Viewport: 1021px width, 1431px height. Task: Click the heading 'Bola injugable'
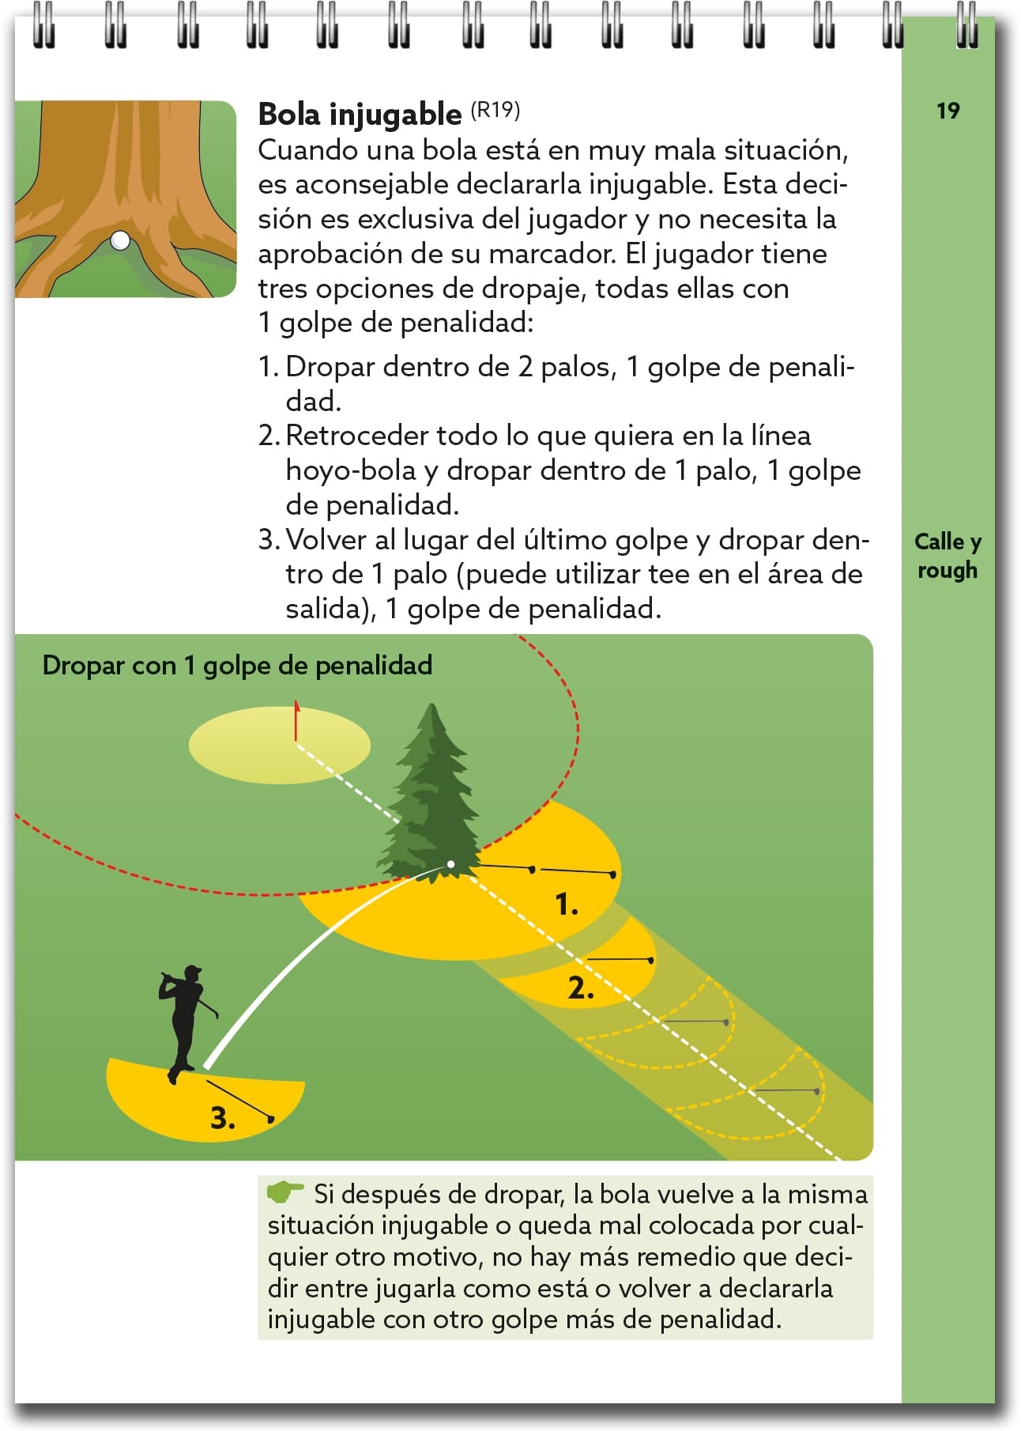coord(360,115)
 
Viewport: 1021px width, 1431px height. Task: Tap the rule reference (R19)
coord(495,110)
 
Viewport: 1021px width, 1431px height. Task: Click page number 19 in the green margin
coord(948,111)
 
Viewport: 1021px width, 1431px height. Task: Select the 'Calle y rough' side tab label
coord(948,556)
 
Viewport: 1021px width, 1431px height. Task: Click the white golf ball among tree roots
coord(120,240)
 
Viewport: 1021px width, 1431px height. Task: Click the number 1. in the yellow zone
coord(567,904)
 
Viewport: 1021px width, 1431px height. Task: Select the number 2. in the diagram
coord(581,988)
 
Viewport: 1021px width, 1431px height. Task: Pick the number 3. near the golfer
coord(223,1118)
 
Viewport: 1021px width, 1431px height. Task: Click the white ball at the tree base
coord(450,864)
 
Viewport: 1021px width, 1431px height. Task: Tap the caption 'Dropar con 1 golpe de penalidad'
coord(237,666)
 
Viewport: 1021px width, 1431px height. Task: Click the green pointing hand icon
coord(284,1191)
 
